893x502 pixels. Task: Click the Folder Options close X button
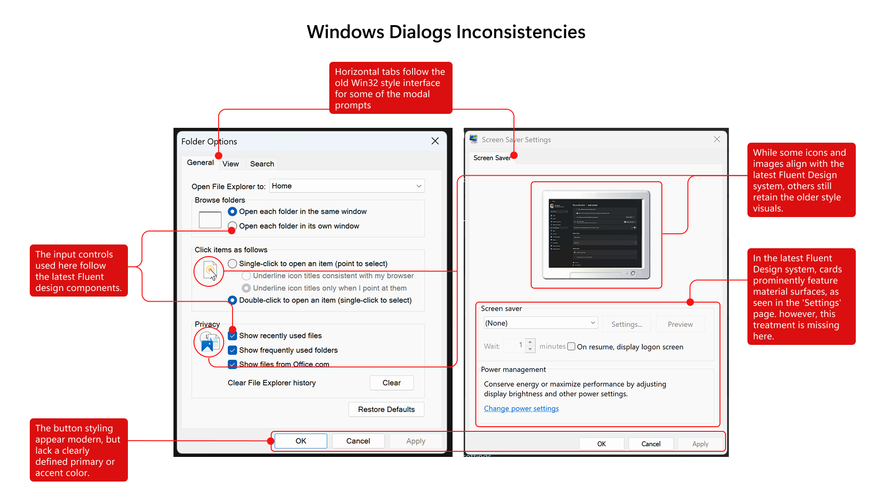[x=435, y=141]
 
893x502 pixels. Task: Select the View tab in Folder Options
[x=230, y=164]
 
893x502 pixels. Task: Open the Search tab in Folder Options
[x=262, y=164]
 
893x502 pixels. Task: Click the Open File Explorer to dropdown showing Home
[x=347, y=186]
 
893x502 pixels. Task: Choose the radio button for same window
[x=233, y=211]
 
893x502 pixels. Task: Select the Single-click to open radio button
[x=233, y=264]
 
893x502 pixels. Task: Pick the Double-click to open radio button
[x=233, y=300]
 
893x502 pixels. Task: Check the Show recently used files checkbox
[x=233, y=336]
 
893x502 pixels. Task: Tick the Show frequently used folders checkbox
[x=233, y=350]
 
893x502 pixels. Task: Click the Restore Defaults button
[x=386, y=410]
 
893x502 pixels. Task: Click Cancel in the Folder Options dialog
[x=358, y=441]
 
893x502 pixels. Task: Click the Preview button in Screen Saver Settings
[x=680, y=324]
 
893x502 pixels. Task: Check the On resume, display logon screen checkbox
[x=572, y=346]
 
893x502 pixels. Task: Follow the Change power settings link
[x=521, y=409]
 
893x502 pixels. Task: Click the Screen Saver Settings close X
[x=717, y=139]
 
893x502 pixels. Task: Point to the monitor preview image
[x=596, y=234]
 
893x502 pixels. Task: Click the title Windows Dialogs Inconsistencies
[x=446, y=32]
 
